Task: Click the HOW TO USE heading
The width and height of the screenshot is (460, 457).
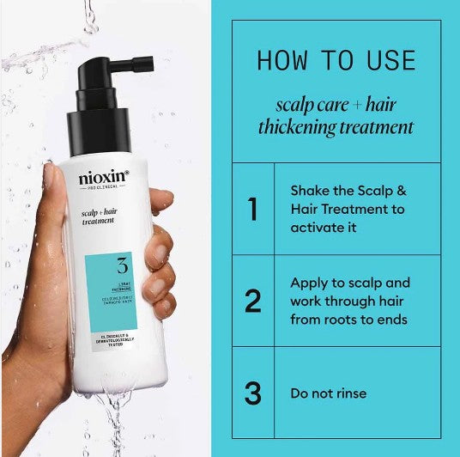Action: pyautogui.click(x=336, y=61)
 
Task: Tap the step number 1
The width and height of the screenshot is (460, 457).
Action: pyautogui.click(x=252, y=210)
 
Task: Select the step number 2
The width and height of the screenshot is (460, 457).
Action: pyautogui.click(x=252, y=302)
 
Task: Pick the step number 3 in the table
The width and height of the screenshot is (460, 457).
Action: pyautogui.click(x=252, y=393)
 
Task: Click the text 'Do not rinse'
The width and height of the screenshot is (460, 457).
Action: pyautogui.click(x=328, y=393)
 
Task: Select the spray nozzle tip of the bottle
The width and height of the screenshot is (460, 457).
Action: pyautogui.click(x=144, y=63)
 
